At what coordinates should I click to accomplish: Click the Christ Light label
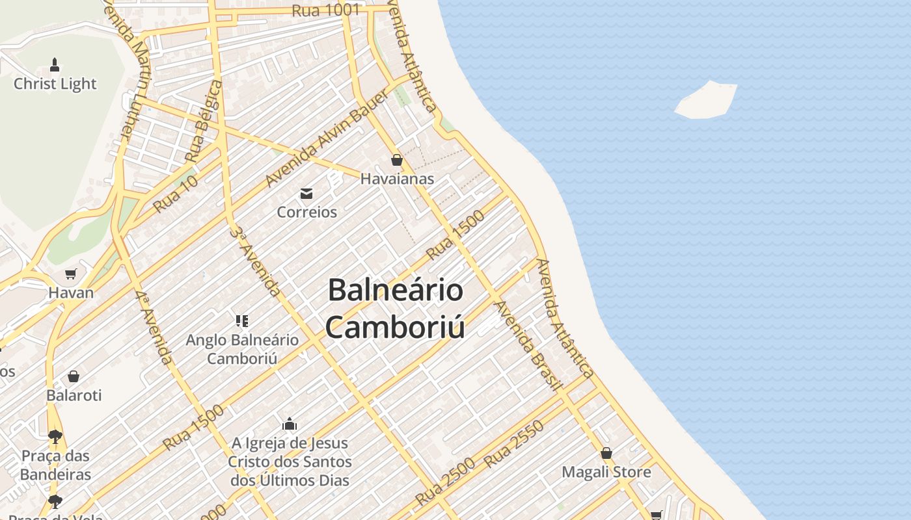[x=55, y=84]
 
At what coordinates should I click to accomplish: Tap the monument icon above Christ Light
[x=55, y=64]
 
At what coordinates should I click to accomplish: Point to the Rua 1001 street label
[x=326, y=10]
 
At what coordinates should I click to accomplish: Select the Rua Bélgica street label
[x=203, y=122]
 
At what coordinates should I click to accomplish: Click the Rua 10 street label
[x=175, y=194]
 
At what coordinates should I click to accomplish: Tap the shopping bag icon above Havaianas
[x=397, y=160]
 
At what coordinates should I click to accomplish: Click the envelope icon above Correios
[x=306, y=193]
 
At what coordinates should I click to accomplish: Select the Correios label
[x=307, y=212]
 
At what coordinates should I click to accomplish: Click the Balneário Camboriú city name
[x=395, y=308]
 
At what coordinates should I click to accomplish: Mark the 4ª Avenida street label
[x=154, y=327]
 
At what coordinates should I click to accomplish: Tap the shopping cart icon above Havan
[x=71, y=274]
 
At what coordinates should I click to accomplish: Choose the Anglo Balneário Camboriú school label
[x=242, y=349]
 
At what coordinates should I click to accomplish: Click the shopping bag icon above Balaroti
[x=74, y=376]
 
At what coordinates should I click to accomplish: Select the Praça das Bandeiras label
[x=55, y=465]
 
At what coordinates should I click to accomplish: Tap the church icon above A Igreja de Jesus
[x=290, y=424]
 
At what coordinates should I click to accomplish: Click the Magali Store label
[x=606, y=472]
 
